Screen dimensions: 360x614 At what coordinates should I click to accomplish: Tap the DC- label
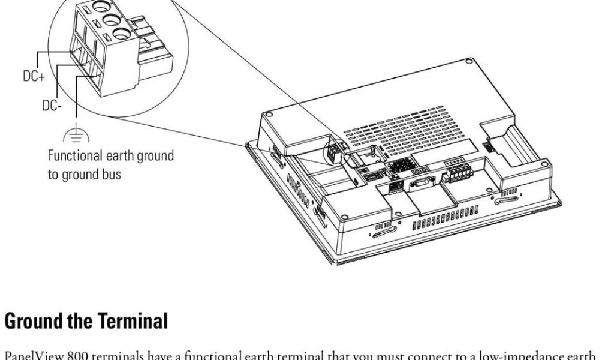point(52,106)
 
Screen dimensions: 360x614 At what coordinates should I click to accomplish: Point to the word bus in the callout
point(112,175)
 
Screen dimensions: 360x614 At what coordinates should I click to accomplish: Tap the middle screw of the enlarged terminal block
point(111,20)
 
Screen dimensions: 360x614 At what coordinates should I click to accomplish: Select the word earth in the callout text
point(123,156)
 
